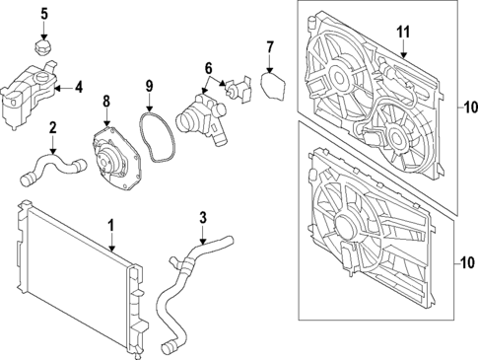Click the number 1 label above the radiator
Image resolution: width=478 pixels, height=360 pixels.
coord(111,225)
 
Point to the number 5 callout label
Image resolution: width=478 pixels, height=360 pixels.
coord(43,14)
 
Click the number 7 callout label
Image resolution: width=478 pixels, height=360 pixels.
coord(270,46)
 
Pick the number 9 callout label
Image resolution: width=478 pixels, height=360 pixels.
coord(149,88)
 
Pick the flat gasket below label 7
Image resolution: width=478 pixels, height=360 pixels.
coord(273,88)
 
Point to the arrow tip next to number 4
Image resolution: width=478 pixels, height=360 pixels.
coord(53,88)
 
